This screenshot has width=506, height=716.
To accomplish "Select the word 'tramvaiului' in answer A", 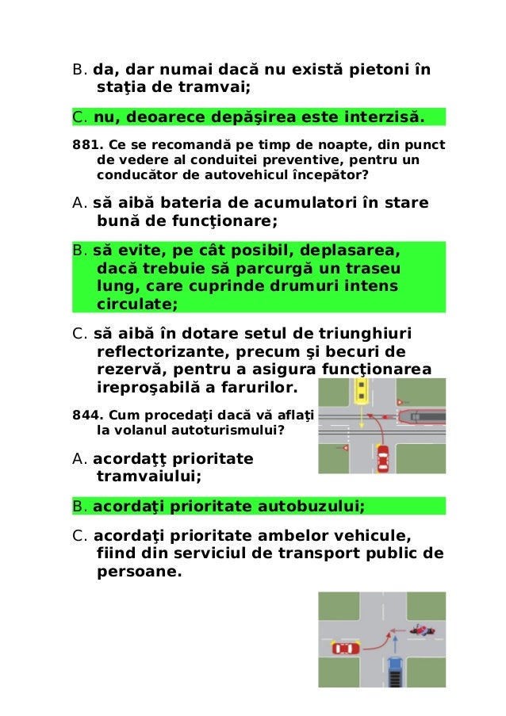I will [148, 477].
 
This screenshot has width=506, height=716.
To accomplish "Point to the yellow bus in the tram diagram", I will [362, 389].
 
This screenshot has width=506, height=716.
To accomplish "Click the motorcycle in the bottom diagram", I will [422, 630].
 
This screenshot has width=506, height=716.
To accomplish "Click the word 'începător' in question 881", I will [324, 174].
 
